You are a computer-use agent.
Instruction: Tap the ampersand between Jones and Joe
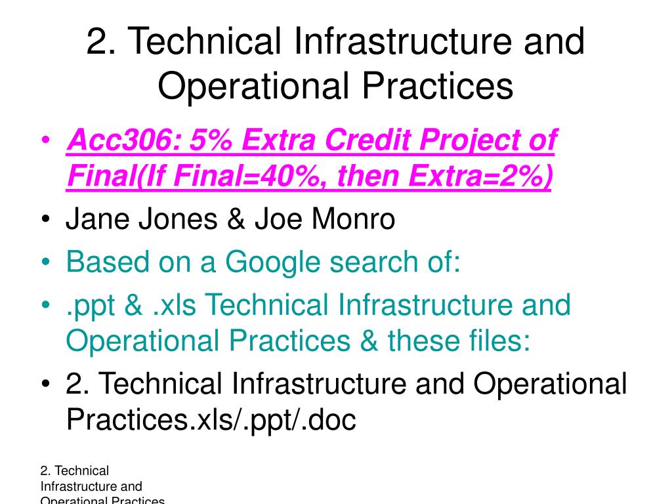tap(236, 219)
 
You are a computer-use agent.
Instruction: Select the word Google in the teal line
tap(275, 262)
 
